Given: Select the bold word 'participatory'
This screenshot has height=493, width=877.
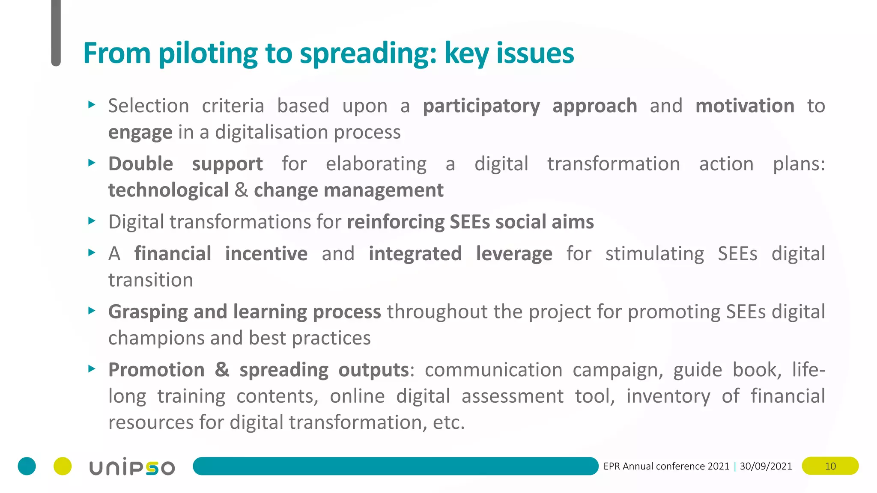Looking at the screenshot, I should click(481, 106).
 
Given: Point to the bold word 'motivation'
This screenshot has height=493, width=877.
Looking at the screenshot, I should click(745, 106).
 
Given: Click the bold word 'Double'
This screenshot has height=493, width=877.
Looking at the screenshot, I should click(140, 164).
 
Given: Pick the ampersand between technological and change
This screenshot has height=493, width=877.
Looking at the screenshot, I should click(241, 190).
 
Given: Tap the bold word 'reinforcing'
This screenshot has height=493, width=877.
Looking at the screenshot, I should click(396, 222).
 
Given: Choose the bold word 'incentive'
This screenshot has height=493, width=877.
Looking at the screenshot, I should click(266, 253).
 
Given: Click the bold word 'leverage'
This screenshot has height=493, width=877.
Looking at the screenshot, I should click(514, 254).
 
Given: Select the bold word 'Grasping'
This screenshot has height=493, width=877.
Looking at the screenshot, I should click(148, 312).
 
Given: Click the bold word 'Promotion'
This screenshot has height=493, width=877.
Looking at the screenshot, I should click(156, 370).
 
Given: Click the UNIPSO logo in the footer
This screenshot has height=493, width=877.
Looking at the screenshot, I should click(132, 467).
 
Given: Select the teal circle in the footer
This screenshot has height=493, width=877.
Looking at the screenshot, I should click(27, 466).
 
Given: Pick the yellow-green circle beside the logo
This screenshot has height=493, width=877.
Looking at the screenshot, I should click(63, 466).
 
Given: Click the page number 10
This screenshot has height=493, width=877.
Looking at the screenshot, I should click(830, 466).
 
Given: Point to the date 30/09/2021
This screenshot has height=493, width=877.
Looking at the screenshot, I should click(766, 466).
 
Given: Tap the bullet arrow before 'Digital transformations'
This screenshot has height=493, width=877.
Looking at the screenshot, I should click(91, 221).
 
